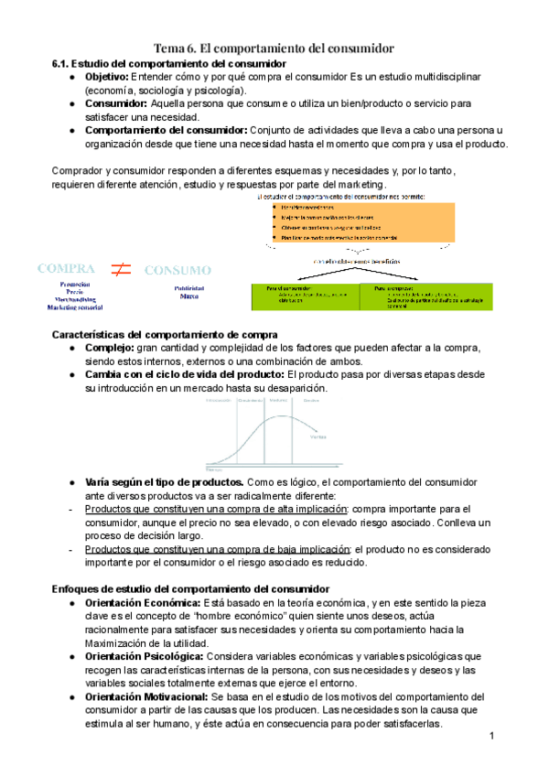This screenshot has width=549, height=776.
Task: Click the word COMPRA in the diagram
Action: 66,269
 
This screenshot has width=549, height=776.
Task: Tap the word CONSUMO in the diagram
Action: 178,271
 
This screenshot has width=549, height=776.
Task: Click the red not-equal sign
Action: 121,270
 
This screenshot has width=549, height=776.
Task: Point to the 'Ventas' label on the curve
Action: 318,436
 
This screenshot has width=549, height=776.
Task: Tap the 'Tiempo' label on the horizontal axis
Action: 216,467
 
